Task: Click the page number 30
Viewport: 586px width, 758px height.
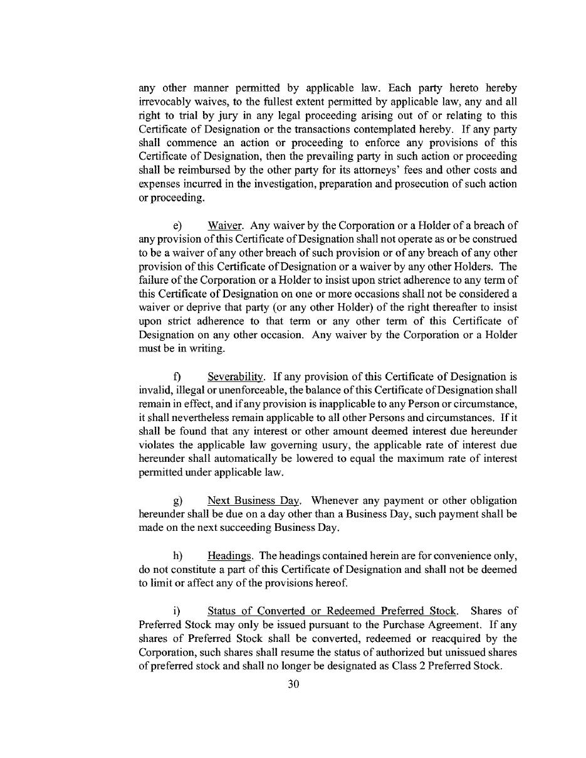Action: coord(293,684)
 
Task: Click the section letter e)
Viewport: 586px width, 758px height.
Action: coord(177,225)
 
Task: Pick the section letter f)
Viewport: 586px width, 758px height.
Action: coord(177,377)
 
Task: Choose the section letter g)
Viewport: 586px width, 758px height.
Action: coord(177,501)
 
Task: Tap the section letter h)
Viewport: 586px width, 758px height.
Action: coord(177,556)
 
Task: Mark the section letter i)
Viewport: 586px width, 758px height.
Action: coord(177,611)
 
